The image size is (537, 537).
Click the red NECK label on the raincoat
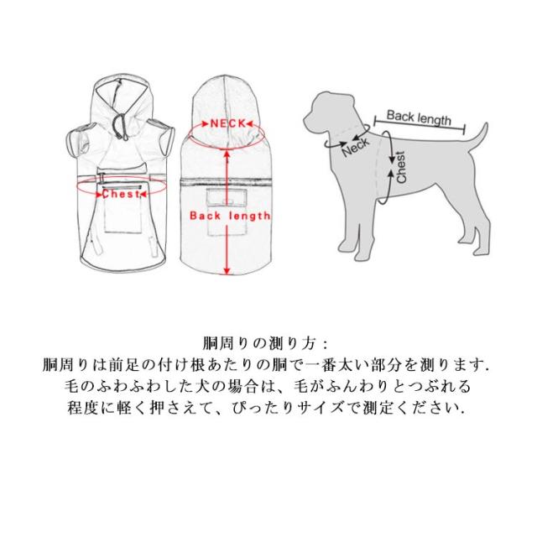(228, 123)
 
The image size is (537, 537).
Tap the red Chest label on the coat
(121, 194)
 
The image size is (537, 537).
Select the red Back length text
(230, 216)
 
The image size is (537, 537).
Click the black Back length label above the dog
(419, 118)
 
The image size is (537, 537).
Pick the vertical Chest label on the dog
(401, 167)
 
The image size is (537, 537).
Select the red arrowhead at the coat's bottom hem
(227, 270)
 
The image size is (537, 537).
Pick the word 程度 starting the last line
(83, 408)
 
